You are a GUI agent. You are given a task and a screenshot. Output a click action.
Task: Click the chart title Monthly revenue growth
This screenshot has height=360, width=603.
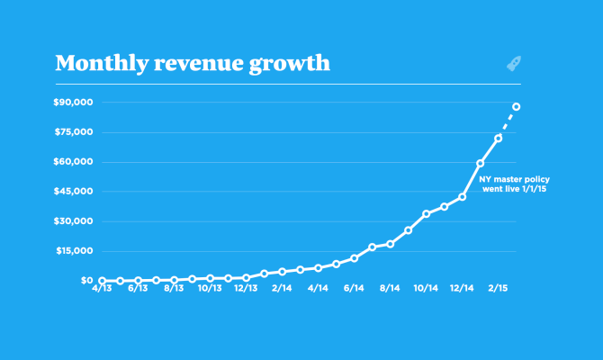192,64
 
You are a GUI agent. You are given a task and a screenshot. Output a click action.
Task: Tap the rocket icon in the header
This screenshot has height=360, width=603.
515,64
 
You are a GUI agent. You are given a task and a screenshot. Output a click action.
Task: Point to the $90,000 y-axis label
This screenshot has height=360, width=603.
75,103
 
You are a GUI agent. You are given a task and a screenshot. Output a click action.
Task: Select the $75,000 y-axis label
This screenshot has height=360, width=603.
75,132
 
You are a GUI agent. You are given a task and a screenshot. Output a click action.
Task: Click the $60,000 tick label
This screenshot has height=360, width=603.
75,162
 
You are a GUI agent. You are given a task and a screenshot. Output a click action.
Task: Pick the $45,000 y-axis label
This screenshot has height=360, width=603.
75,192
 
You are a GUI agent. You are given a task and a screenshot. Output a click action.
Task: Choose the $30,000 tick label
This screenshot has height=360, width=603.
75,221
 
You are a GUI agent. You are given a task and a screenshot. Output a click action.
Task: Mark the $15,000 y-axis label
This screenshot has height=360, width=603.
75,251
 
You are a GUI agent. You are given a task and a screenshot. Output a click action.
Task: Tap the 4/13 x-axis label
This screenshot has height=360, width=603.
102,290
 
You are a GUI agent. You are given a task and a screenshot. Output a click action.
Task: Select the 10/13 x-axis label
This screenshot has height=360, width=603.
210,290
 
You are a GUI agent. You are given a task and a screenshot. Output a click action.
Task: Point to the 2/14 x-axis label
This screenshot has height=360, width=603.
282,290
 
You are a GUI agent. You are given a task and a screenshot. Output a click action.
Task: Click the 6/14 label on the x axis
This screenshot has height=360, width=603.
354,290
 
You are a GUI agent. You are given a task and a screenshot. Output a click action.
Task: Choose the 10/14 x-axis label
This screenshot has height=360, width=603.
426,290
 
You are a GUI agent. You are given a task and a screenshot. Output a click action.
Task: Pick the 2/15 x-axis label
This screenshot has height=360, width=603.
498,290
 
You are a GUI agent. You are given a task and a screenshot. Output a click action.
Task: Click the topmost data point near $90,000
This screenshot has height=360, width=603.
517,107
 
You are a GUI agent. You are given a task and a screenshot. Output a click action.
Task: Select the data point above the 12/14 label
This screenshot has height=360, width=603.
463,196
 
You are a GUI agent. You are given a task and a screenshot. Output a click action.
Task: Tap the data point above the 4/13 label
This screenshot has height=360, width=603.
103,281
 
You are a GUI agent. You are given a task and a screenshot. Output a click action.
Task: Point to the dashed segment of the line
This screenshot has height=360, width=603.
508,122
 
